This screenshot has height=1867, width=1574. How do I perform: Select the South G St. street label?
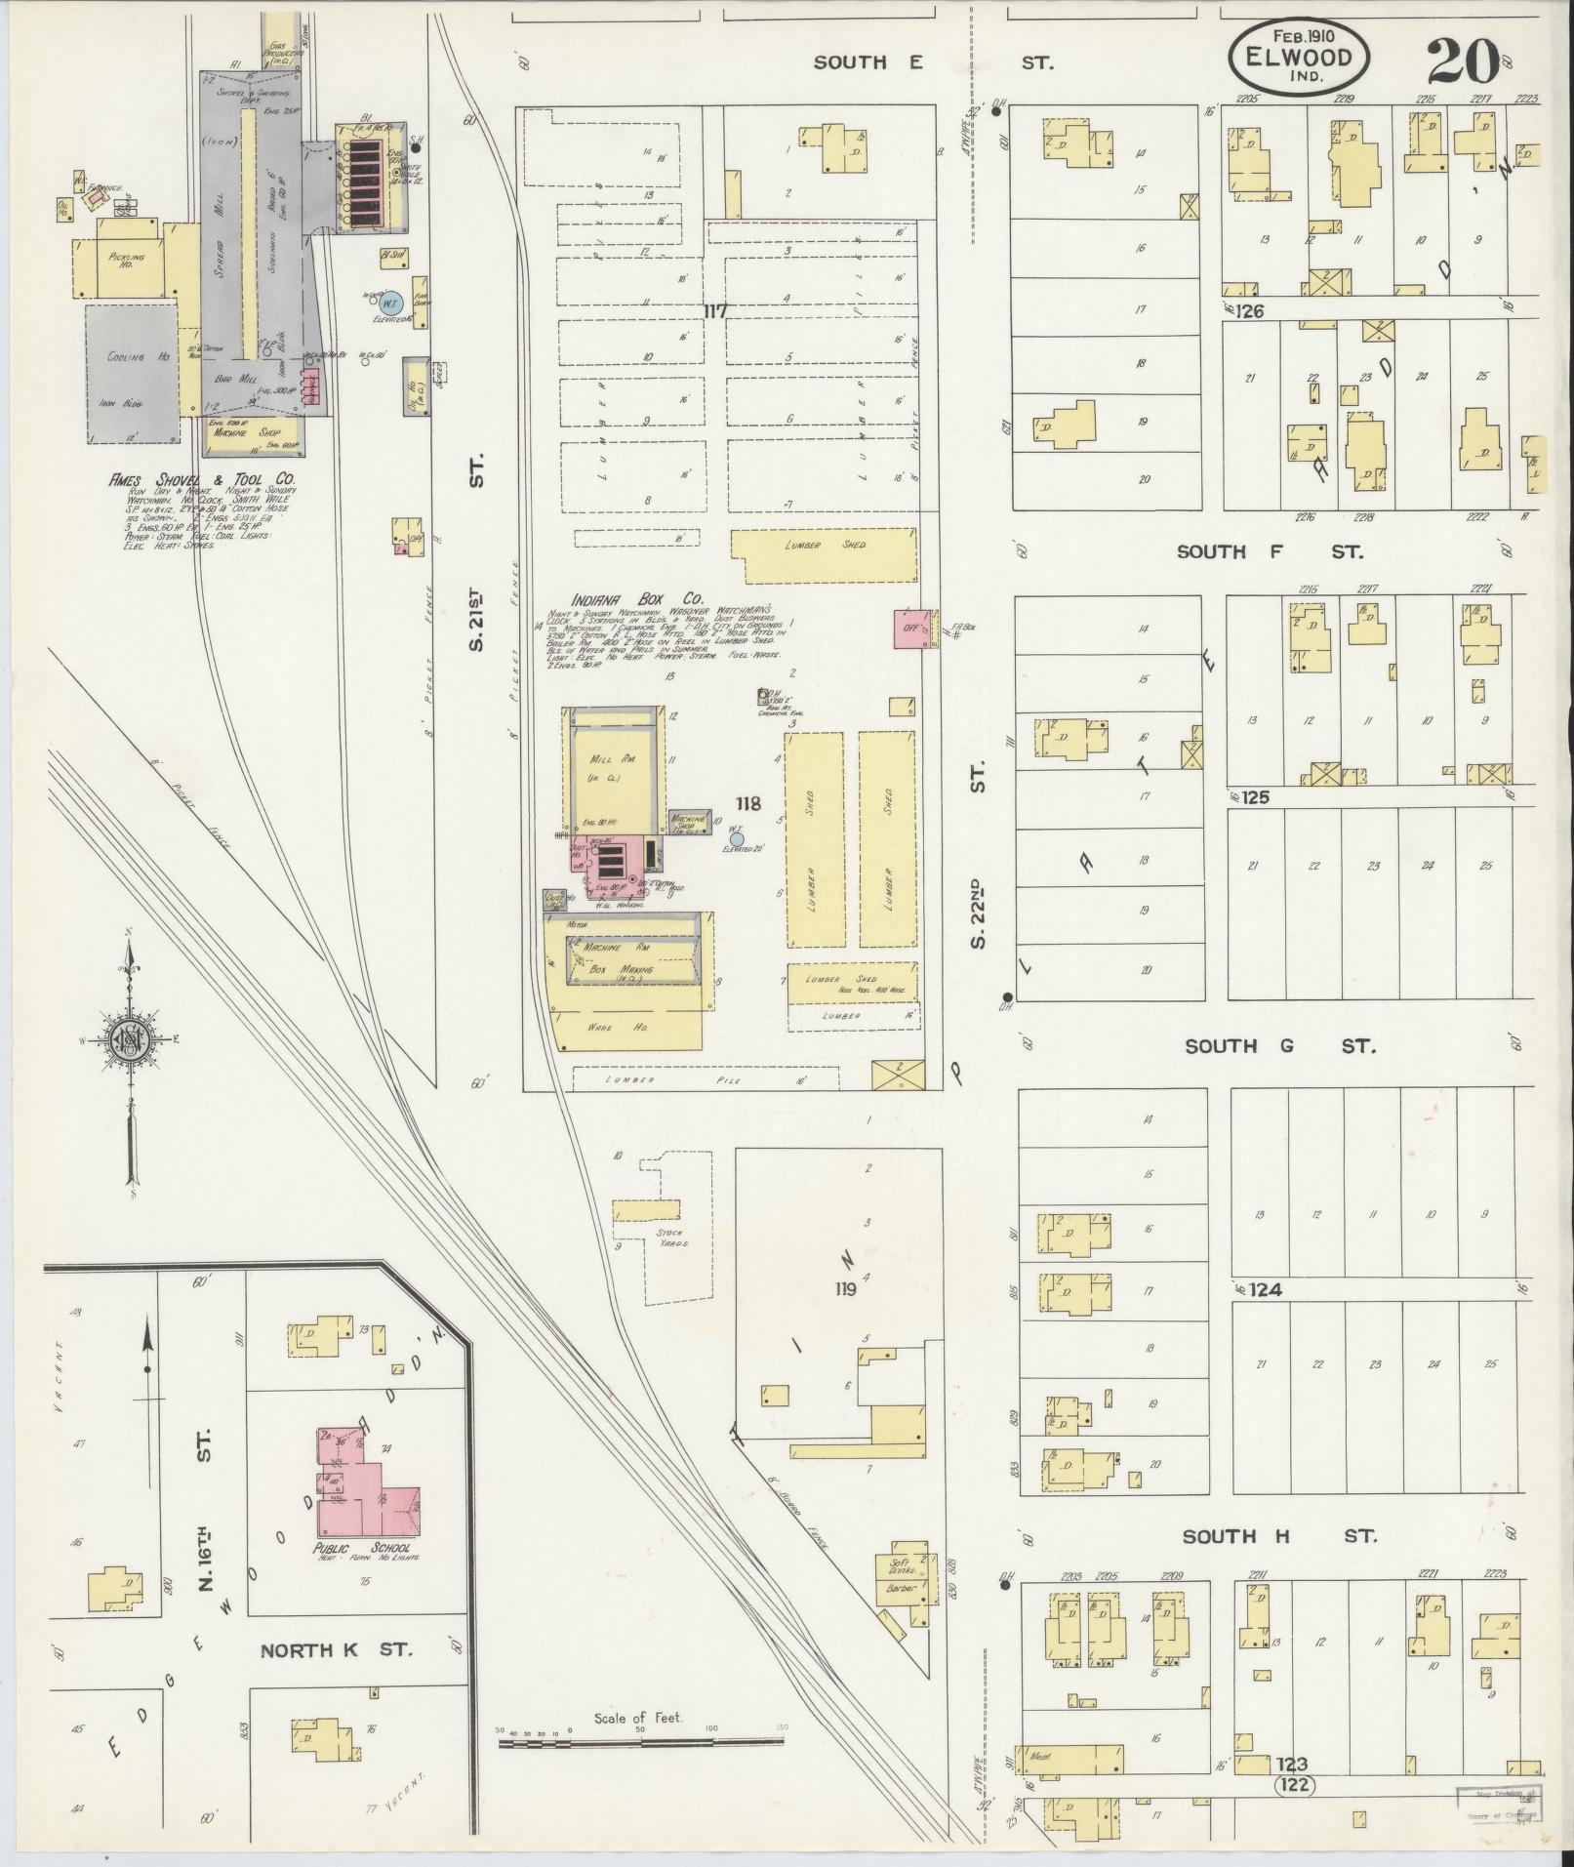point(1279,1046)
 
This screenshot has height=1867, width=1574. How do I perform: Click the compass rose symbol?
point(128,1040)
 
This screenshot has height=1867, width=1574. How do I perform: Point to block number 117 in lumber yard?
point(717,311)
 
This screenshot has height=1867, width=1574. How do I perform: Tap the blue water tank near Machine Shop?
point(737,838)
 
